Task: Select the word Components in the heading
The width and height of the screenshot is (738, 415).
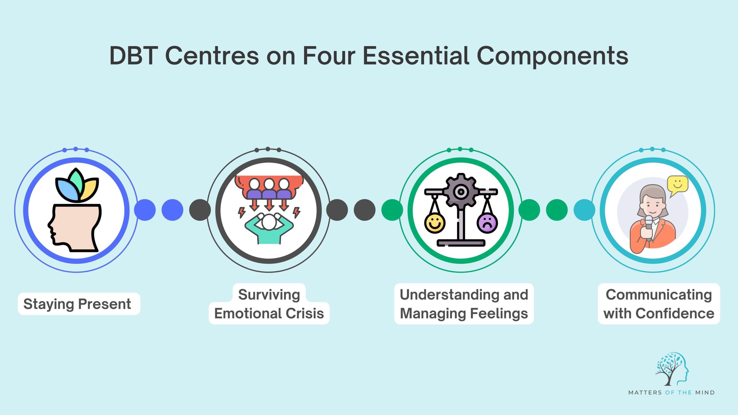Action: coord(552,56)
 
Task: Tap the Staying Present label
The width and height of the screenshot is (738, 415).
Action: coord(77,304)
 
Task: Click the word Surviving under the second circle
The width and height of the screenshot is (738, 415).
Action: coord(269,295)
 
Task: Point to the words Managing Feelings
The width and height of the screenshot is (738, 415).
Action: coord(464,314)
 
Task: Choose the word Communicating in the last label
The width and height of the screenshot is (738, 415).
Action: coord(659,295)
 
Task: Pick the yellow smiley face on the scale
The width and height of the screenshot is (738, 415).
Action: coord(435,223)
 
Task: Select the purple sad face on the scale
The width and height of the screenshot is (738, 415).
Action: coord(487,223)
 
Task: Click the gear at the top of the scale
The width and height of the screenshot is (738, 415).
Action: coord(461,191)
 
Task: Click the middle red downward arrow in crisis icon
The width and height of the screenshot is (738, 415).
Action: coord(269,205)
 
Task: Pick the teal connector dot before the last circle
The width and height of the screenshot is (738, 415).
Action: coord(584,210)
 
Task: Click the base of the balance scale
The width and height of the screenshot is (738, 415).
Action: coord(461,243)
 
